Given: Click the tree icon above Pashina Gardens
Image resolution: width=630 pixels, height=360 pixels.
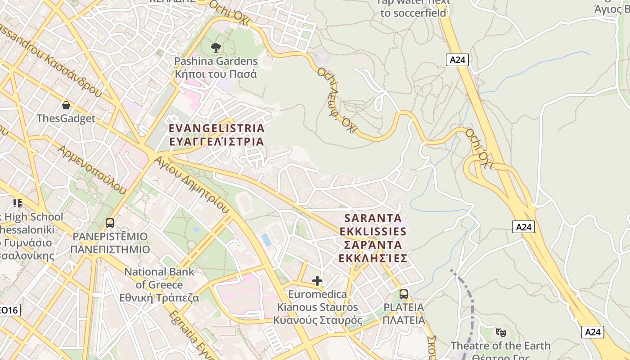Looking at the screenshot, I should tap(216, 47).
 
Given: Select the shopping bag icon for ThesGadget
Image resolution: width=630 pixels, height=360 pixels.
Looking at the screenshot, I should tap(66, 105).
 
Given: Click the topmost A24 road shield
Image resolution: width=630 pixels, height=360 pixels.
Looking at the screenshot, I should tap(457, 60).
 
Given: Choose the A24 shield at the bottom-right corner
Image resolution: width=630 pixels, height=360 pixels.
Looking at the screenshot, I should tap(593, 332).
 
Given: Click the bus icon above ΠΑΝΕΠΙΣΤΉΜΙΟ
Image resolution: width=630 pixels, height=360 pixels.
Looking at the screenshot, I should tap(109, 223).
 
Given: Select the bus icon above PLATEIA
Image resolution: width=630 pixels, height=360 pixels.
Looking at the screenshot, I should tap(404, 294).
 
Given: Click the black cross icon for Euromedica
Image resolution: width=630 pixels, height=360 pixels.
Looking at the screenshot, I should tap(317, 281).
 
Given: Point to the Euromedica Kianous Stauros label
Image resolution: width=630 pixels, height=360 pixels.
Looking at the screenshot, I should tap(318, 307).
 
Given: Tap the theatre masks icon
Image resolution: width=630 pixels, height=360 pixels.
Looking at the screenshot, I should tap(500, 333).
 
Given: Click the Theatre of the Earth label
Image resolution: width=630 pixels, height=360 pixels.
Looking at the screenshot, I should tap(500, 346).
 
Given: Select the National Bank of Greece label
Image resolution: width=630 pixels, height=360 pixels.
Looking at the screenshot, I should tap(159, 284).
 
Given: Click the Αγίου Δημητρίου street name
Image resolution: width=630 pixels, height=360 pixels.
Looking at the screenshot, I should tap(191, 184).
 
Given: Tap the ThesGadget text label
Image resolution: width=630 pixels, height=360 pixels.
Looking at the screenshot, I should tap(66, 118).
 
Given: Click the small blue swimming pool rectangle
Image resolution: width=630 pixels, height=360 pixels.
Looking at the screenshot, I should tap(266, 239).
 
